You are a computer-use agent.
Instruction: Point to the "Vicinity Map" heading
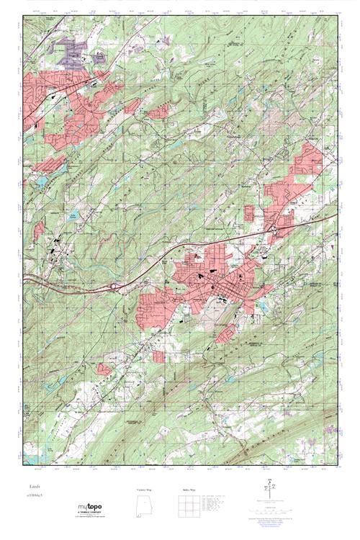145,490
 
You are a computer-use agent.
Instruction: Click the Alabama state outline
143,505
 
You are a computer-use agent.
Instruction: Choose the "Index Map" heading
186,490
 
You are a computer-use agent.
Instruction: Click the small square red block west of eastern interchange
251,213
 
